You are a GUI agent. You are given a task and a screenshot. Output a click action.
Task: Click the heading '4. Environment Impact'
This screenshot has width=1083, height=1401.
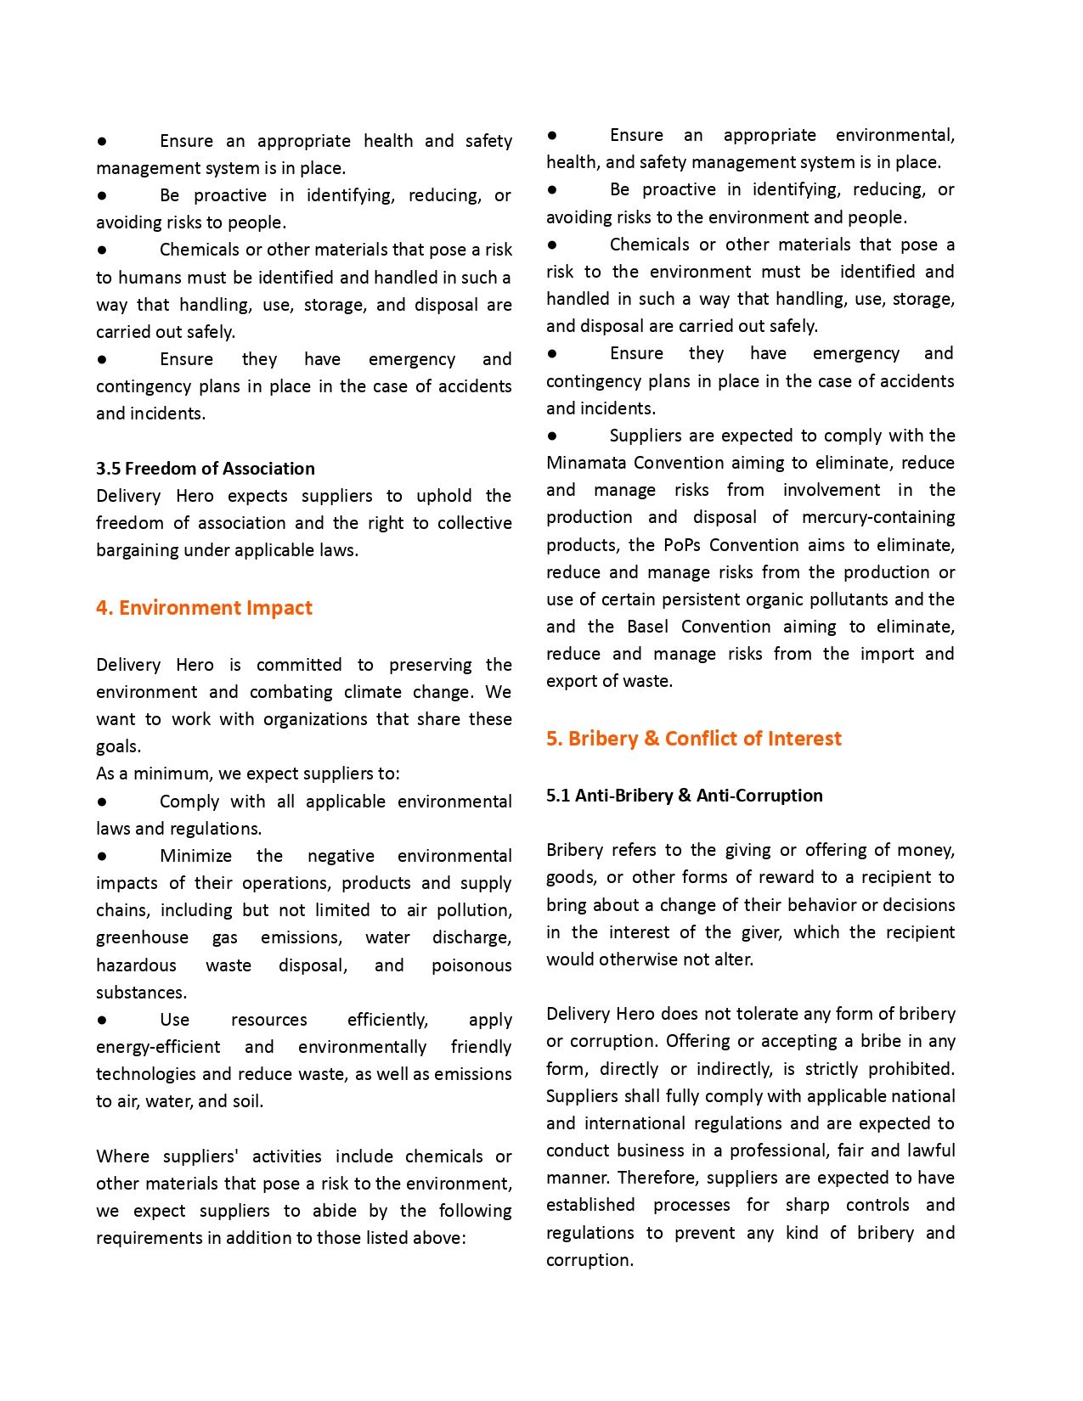pos(204,608)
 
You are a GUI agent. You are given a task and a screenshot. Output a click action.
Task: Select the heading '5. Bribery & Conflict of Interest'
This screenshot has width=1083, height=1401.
pos(693,739)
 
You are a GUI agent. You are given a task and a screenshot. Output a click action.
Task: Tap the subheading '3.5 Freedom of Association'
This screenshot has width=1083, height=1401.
pos(205,469)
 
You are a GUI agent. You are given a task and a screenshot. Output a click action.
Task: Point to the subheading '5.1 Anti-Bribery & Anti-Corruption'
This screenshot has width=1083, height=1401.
pos(684,796)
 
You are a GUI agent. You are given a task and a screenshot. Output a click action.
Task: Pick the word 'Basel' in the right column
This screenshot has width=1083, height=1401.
pos(648,627)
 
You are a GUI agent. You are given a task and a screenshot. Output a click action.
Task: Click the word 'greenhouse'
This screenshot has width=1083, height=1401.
pos(142,937)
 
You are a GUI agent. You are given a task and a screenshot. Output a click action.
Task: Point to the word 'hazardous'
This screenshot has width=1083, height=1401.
pos(136,965)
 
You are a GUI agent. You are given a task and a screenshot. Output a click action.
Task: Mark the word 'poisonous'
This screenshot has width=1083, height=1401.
pos(471,965)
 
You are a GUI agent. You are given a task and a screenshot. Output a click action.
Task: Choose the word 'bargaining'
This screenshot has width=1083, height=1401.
pos(137,550)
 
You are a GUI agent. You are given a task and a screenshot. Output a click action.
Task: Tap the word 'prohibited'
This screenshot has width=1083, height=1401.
pos(911,1069)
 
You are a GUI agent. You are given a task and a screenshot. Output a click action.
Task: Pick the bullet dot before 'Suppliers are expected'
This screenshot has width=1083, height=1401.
pos(552,436)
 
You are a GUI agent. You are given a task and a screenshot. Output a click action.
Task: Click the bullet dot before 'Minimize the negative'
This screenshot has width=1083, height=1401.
pos(102,856)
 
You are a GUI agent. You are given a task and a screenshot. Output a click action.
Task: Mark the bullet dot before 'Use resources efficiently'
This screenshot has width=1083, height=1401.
pos(102,1019)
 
